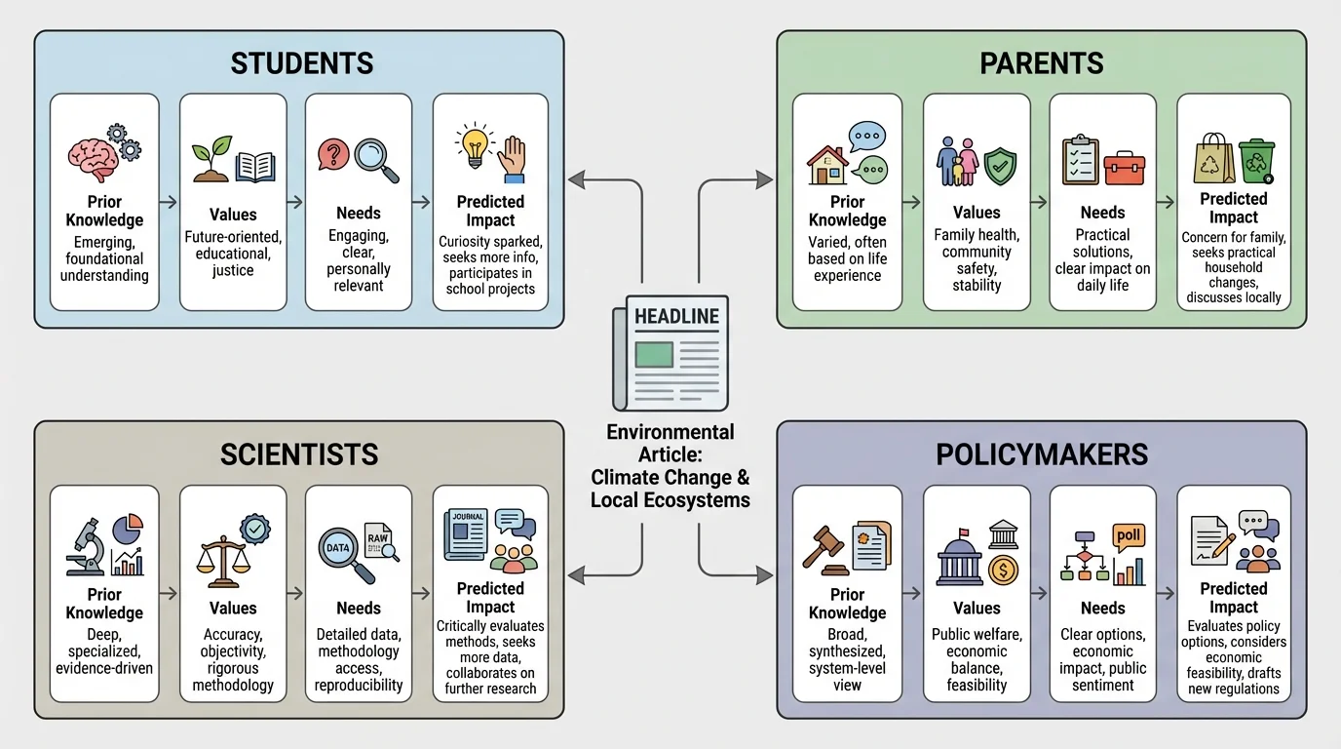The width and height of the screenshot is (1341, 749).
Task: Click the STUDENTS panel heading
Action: pyautogui.click(x=301, y=64)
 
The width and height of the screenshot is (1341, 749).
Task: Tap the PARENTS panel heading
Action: pyautogui.click(x=1041, y=64)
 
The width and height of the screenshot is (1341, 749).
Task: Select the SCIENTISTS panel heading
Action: pyautogui.click(x=299, y=453)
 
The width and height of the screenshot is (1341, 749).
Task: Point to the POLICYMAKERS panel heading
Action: pyautogui.click(x=1042, y=453)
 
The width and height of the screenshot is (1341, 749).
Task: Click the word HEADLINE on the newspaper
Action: pyautogui.click(x=676, y=317)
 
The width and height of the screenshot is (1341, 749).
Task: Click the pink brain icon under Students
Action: pyautogui.click(x=93, y=157)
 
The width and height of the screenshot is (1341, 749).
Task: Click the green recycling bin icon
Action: pyautogui.click(x=1257, y=160)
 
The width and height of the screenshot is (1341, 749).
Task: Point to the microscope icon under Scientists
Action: pyautogui.click(x=87, y=546)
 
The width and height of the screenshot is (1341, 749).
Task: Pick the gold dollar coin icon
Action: pyautogui.click(x=1003, y=570)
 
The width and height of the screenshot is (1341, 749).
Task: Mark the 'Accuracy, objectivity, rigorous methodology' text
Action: pyautogui.click(x=233, y=651)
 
